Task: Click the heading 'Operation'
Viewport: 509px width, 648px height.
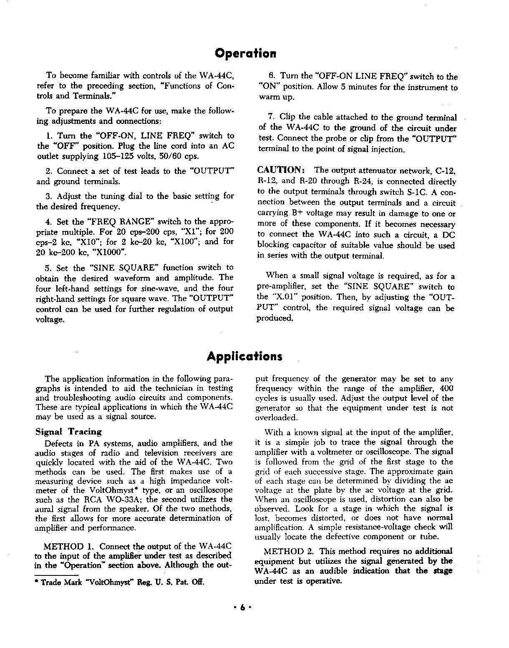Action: click(245, 54)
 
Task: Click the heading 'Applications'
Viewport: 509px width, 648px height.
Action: click(244, 357)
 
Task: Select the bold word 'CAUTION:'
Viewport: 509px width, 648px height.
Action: click(282, 170)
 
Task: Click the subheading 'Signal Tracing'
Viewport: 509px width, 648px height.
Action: click(69, 432)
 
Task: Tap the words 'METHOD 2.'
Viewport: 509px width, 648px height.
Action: click(287, 552)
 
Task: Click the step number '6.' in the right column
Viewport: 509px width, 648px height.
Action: click(272, 76)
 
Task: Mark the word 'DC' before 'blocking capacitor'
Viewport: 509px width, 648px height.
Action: click(448, 235)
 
